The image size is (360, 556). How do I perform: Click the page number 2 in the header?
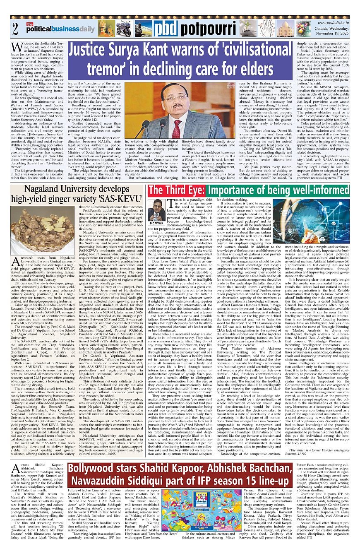click(x=15, y=29)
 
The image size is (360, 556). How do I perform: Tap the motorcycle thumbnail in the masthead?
click(x=123, y=29)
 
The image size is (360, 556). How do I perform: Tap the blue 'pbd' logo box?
click(x=166, y=29)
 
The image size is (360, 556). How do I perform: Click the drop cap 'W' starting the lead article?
click(x=16, y=46)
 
